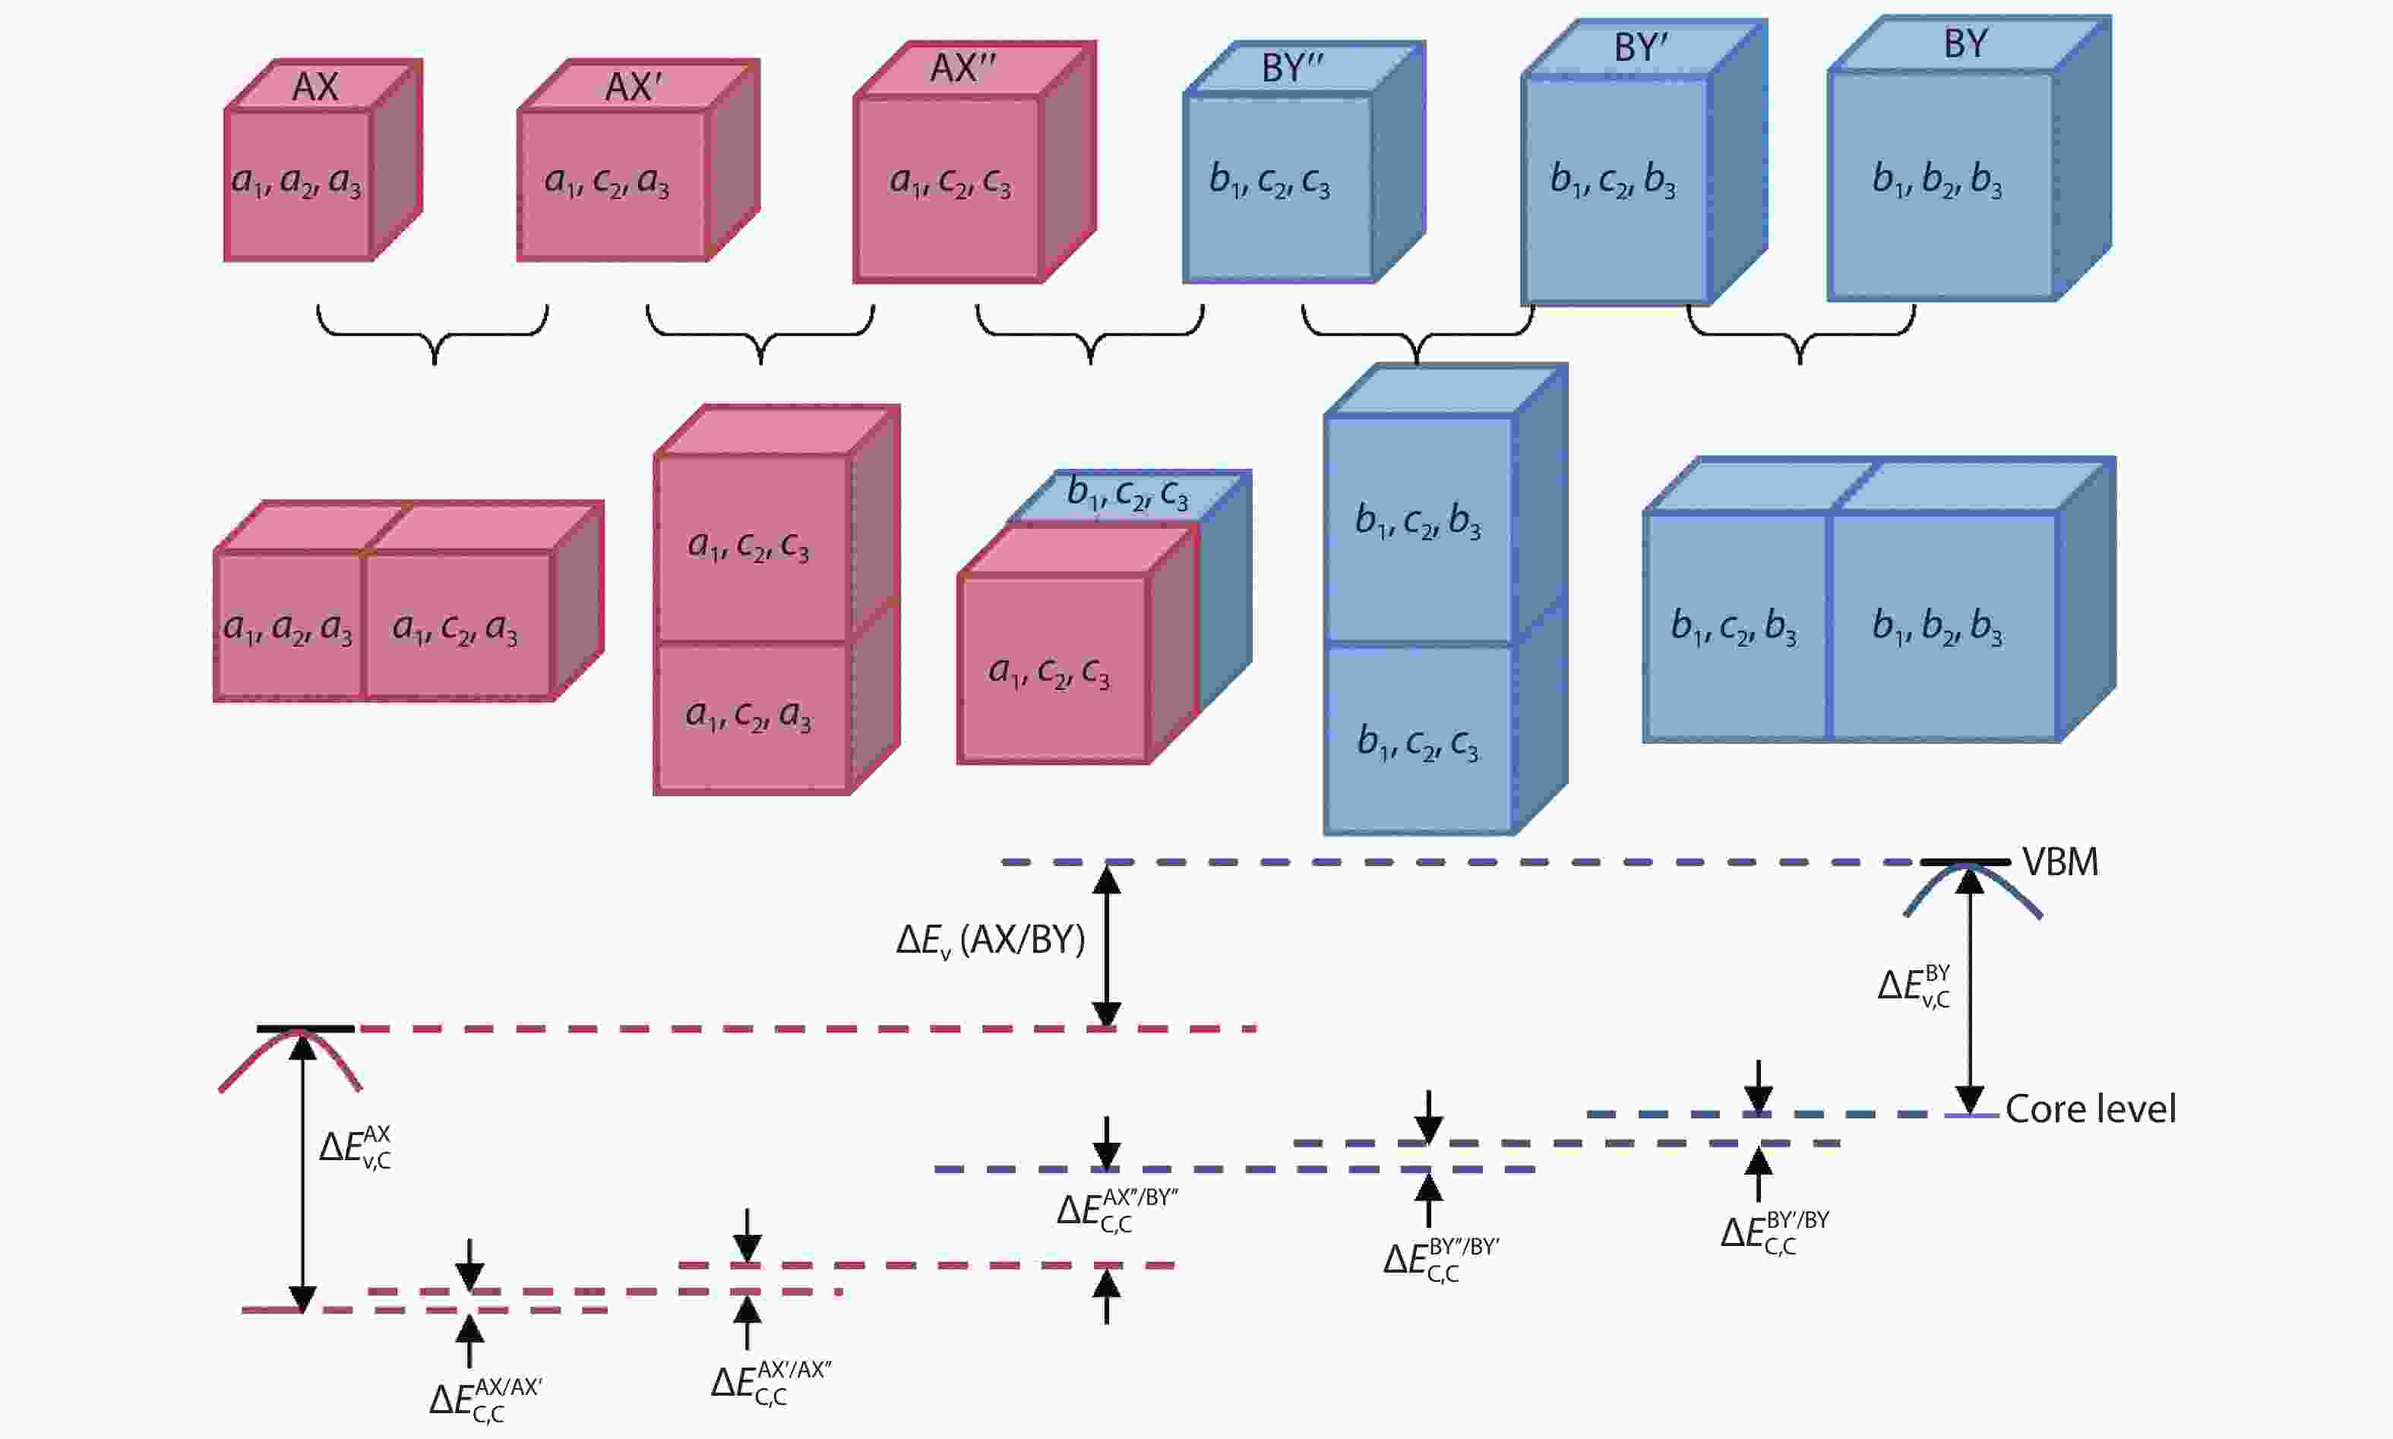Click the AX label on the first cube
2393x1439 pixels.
(x=315, y=87)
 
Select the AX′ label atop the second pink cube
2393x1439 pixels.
(x=633, y=87)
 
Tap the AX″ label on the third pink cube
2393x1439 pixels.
(x=963, y=68)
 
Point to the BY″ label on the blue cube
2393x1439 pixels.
(x=1292, y=68)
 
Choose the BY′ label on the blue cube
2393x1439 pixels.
(x=1641, y=49)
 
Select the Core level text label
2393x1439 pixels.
(x=2090, y=1109)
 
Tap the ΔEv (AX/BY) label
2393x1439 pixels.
(x=990, y=940)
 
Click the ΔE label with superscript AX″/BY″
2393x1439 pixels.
(x=1116, y=1210)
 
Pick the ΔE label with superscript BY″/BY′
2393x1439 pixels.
(x=1441, y=1260)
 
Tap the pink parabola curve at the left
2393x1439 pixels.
(x=289, y=1057)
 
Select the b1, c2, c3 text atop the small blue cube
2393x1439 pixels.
(x=1127, y=495)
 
